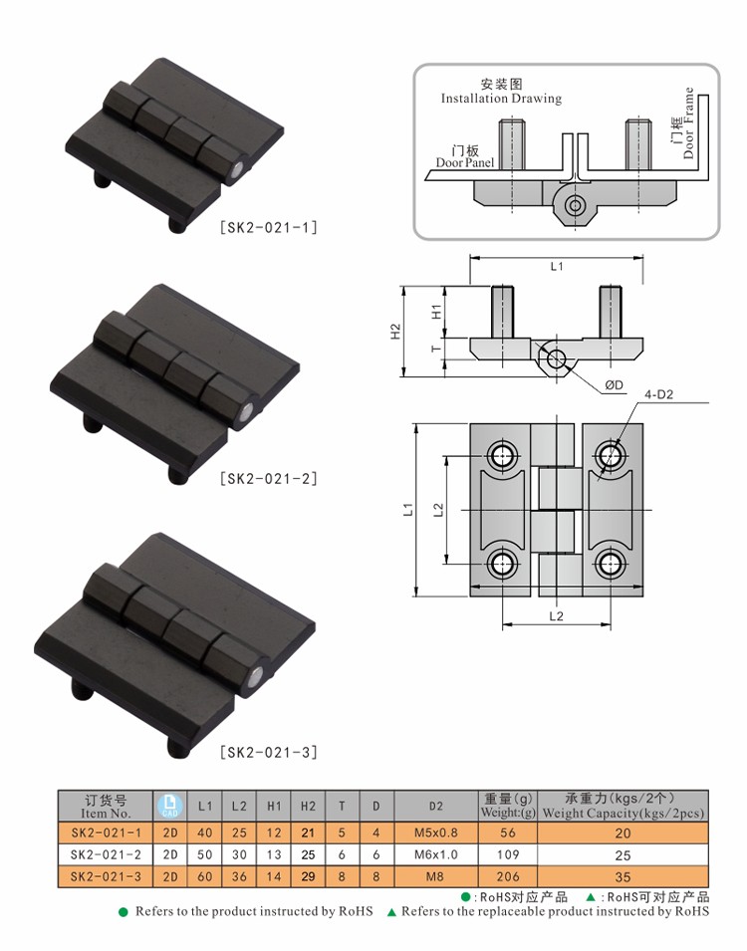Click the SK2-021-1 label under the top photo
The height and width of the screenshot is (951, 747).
tap(268, 227)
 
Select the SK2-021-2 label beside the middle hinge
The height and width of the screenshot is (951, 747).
tap(268, 479)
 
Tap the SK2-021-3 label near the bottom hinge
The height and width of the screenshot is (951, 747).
tap(268, 753)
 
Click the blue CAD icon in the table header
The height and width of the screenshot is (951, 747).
tap(170, 806)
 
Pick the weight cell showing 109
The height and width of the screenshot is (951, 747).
tap(508, 854)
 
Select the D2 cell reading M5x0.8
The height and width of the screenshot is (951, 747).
tap(435, 832)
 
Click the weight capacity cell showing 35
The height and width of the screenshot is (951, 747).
tap(622, 877)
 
